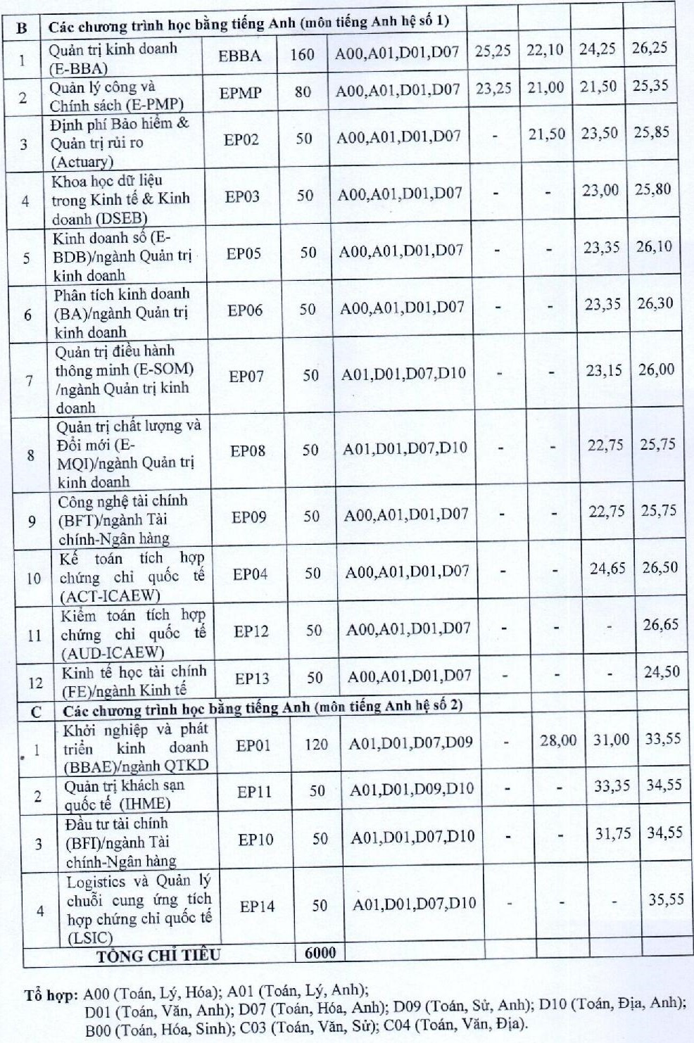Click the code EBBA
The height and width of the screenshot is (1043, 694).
pos(239,56)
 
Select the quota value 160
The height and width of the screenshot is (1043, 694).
pos(302,55)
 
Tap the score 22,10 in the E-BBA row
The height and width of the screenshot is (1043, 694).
pos(545,50)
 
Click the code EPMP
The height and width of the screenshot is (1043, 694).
pos(240,93)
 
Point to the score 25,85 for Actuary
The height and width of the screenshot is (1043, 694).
pos(651,132)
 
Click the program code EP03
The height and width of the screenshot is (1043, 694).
pos(242,196)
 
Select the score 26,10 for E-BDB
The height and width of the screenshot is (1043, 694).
pos(654,246)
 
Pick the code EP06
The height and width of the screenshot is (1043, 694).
pos(245,310)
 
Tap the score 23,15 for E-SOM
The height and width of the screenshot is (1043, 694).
pos(604,370)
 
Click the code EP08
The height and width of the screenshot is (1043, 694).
pos(248,450)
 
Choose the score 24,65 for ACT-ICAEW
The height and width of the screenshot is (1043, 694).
pos(607,568)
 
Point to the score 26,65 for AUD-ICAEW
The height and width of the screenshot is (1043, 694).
pos(660,624)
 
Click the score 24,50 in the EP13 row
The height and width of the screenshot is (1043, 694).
pos(662,672)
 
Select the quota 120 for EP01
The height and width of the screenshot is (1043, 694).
pos(316,744)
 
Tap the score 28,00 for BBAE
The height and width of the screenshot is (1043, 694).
pos(558,740)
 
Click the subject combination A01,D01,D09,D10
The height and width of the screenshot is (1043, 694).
pos(412,790)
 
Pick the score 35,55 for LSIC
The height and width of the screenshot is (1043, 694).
pos(666,899)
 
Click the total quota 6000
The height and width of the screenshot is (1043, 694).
pos(320,953)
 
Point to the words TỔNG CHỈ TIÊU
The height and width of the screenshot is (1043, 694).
pos(158,955)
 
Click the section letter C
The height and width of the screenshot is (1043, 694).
pos(37,712)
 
